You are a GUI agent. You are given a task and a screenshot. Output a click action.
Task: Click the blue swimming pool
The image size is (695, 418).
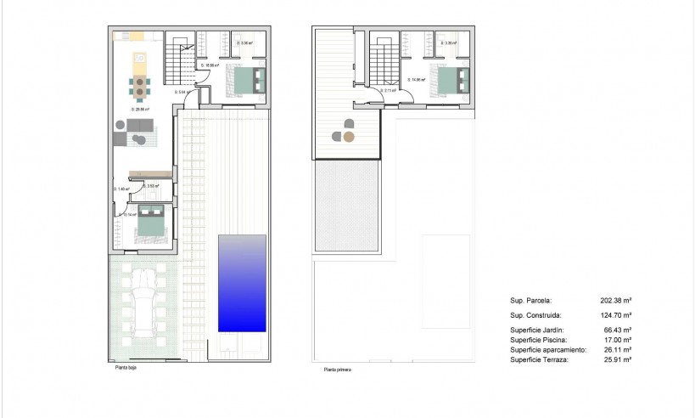[x=242, y=283]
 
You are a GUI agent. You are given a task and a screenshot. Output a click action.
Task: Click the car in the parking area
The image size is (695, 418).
[x=144, y=302]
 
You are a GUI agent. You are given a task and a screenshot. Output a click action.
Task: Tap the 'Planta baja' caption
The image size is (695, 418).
[x=126, y=368]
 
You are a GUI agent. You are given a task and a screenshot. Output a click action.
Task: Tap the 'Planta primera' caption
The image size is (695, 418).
[x=337, y=370]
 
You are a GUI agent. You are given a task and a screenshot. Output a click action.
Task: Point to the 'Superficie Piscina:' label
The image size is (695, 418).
[x=538, y=340]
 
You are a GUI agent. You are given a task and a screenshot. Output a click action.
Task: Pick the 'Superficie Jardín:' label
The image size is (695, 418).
[x=537, y=330]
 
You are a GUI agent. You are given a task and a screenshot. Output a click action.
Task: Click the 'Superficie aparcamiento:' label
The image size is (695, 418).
[x=547, y=350]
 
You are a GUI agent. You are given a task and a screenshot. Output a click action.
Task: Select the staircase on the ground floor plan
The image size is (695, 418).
[x=179, y=57]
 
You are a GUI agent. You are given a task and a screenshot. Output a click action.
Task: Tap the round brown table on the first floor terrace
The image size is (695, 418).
[x=349, y=136]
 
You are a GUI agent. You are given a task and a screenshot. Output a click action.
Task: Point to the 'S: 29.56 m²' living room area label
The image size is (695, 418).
[x=140, y=110]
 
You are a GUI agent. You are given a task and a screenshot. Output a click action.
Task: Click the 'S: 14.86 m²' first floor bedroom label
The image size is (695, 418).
[x=416, y=81]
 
